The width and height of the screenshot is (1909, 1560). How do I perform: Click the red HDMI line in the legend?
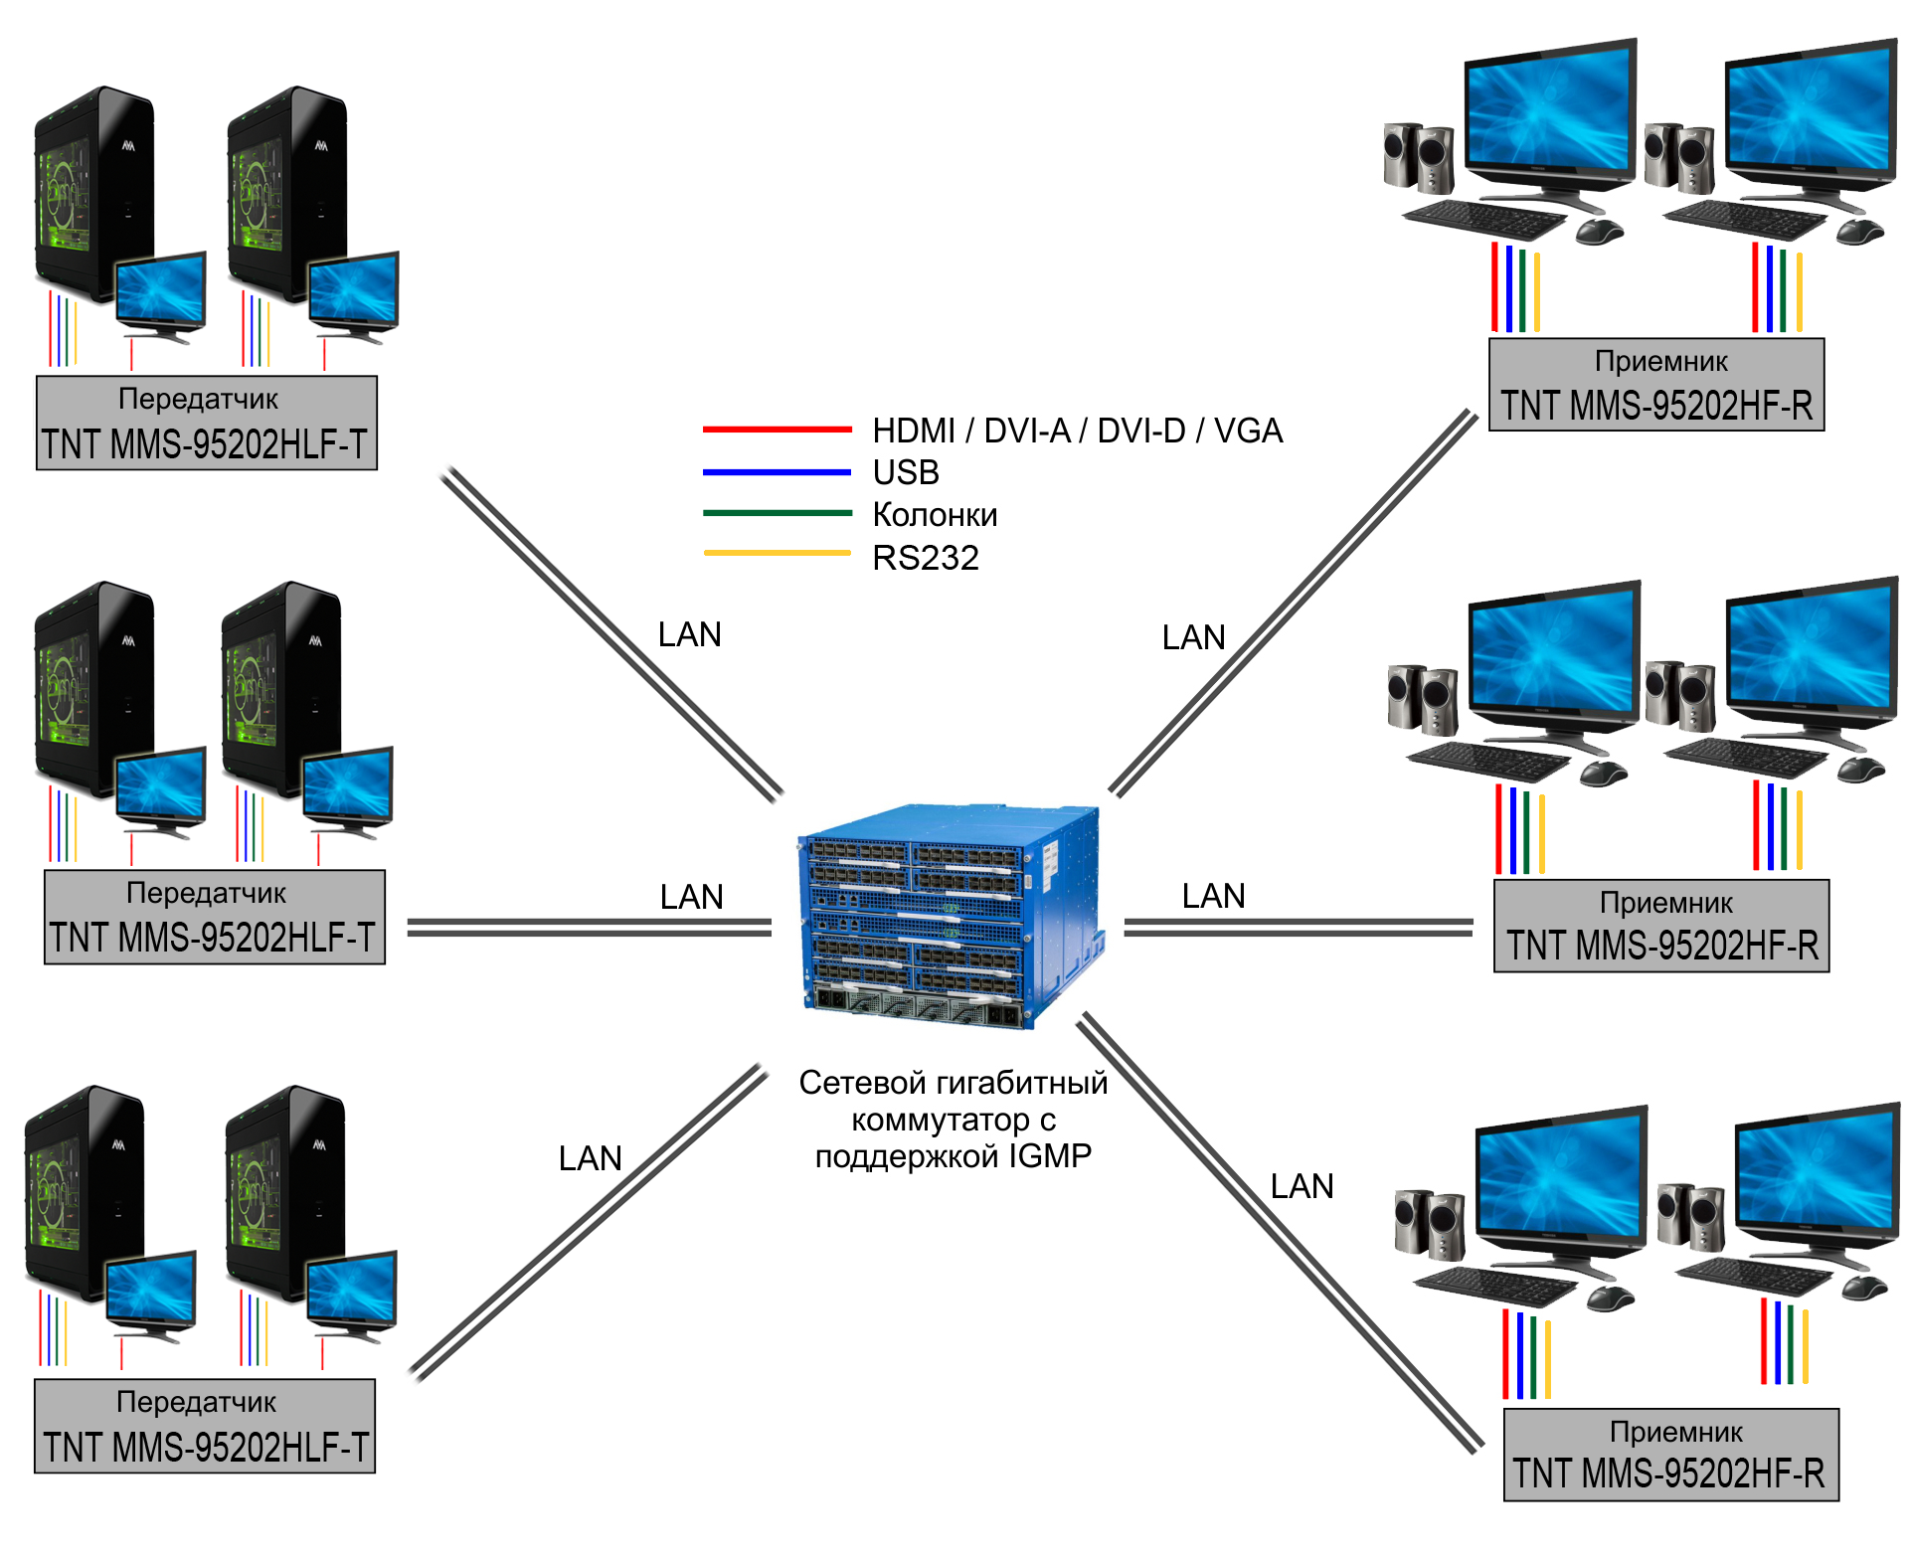[x=777, y=430]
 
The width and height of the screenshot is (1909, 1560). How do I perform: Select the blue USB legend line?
[x=777, y=472]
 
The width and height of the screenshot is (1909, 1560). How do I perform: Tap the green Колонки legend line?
[x=777, y=513]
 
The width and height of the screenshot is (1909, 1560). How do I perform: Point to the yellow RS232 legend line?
[x=777, y=553]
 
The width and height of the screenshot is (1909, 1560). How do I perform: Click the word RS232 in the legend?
[x=925, y=558]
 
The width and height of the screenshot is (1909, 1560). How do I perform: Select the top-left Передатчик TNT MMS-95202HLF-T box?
[x=207, y=423]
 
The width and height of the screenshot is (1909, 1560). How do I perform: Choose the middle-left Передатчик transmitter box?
[x=215, y=917]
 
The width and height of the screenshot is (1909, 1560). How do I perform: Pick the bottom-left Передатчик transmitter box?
[x=205, y=1426]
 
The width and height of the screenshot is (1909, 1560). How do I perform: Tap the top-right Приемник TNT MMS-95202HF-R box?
[x=1656, y=385]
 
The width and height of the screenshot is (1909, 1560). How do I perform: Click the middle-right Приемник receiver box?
[x=1661, y=926]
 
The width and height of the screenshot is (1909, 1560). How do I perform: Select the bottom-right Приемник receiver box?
[x=1671, y=1455]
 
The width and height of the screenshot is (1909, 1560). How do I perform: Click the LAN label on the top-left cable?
[x=689, y=634]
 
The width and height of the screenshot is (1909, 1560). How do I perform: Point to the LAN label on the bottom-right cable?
[x=1302, y=1186]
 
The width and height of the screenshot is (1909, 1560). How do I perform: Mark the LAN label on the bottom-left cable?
[x=590, y=1158]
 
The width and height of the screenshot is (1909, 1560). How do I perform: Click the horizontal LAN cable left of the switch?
[x=589, y=928]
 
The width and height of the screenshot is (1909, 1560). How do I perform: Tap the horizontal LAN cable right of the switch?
[x=1298, y=928]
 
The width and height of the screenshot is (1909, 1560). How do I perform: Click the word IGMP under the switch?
[x=1050, y=1156]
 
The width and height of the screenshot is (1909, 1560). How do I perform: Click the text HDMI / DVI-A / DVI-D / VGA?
[x=1077, y=431]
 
